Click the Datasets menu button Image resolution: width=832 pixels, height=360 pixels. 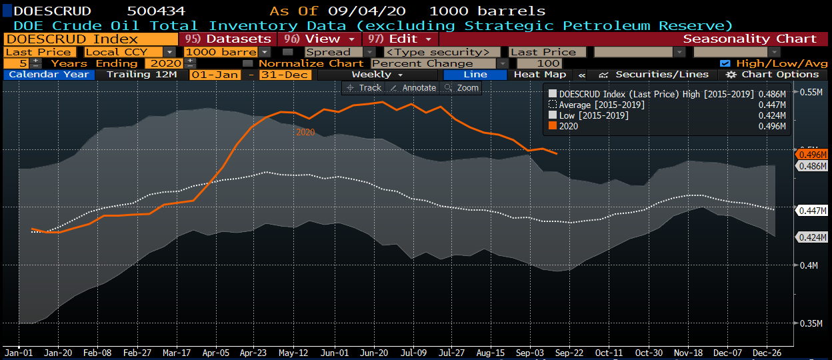tap(228, 39)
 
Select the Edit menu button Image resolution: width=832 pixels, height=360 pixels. tap(401, 39)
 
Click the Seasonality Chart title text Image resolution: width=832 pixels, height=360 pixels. tap(750, 39)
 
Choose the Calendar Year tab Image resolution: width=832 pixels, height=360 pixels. tap(49, 75)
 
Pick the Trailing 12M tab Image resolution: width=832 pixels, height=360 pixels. tap(142, 75)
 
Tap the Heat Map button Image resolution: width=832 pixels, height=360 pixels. tap(540, 75)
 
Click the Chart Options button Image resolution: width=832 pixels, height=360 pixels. tap(773, 75)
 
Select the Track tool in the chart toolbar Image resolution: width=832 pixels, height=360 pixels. tap(364, 88)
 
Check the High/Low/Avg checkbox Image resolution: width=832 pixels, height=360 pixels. tap(724, 63)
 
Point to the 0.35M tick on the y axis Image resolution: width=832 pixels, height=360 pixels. tap(811, 323)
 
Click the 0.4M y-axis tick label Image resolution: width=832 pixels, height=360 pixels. tap(809, 265)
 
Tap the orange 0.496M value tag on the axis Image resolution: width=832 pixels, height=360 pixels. tap(811, 154)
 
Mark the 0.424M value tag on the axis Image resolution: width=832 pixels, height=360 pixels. tap(811, 237)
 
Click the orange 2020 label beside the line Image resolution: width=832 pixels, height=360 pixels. tap(305, 133)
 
